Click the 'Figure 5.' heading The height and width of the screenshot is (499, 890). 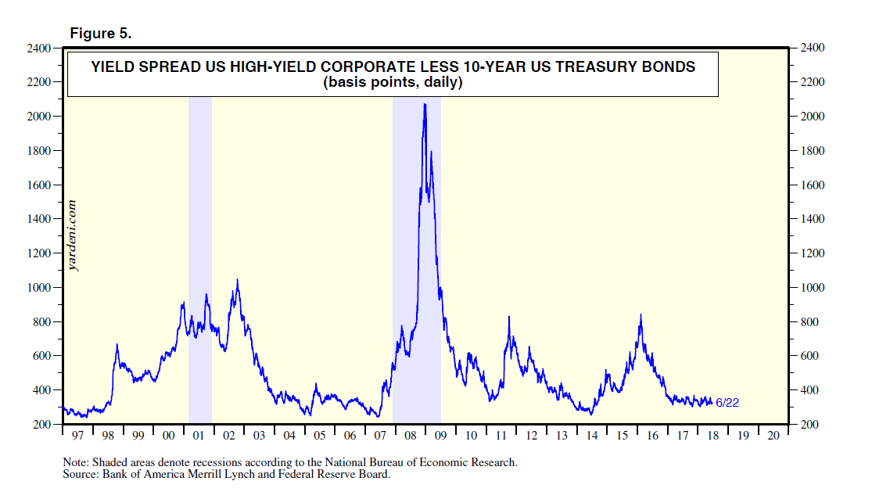click(101, 34)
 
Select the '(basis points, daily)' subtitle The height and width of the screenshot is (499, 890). click(393, 82)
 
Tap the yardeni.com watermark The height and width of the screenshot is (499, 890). click(74, 235)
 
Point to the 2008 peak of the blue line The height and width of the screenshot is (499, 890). click(425, 105)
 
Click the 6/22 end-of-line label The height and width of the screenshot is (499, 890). click(727, 402)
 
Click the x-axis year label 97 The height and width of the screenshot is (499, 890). click(77, 434)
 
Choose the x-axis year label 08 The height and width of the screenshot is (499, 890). click(410, 434)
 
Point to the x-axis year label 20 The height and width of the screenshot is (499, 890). click(773, 434)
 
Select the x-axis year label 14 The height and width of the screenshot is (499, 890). click(592, 434)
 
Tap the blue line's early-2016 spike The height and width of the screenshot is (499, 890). click(641, 316)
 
